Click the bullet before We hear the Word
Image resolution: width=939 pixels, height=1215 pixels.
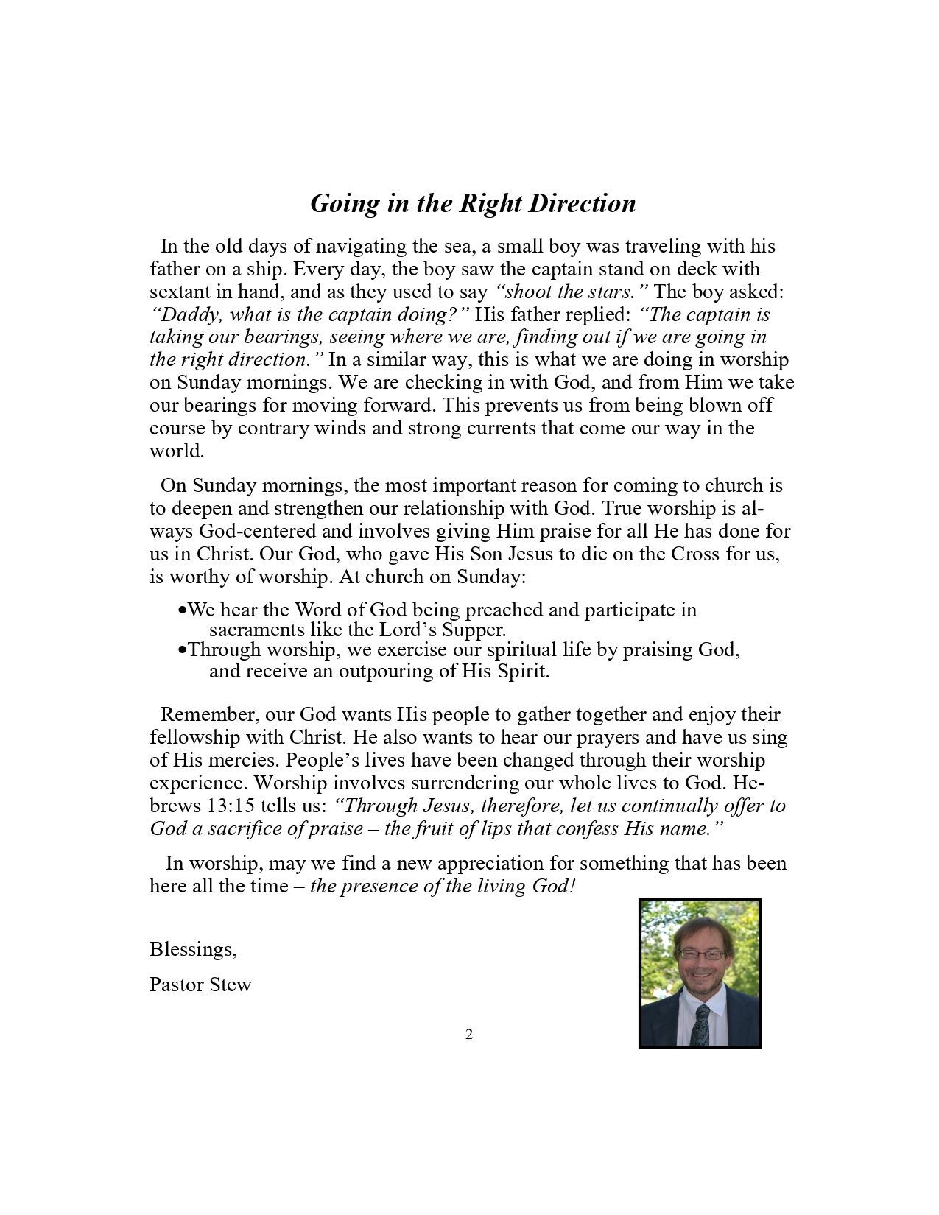[182, 611]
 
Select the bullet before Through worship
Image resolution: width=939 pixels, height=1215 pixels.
[182, 651]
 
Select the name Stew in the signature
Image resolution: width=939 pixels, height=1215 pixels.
[231, 985]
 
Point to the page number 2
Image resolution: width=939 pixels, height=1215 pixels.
[469, 1035]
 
